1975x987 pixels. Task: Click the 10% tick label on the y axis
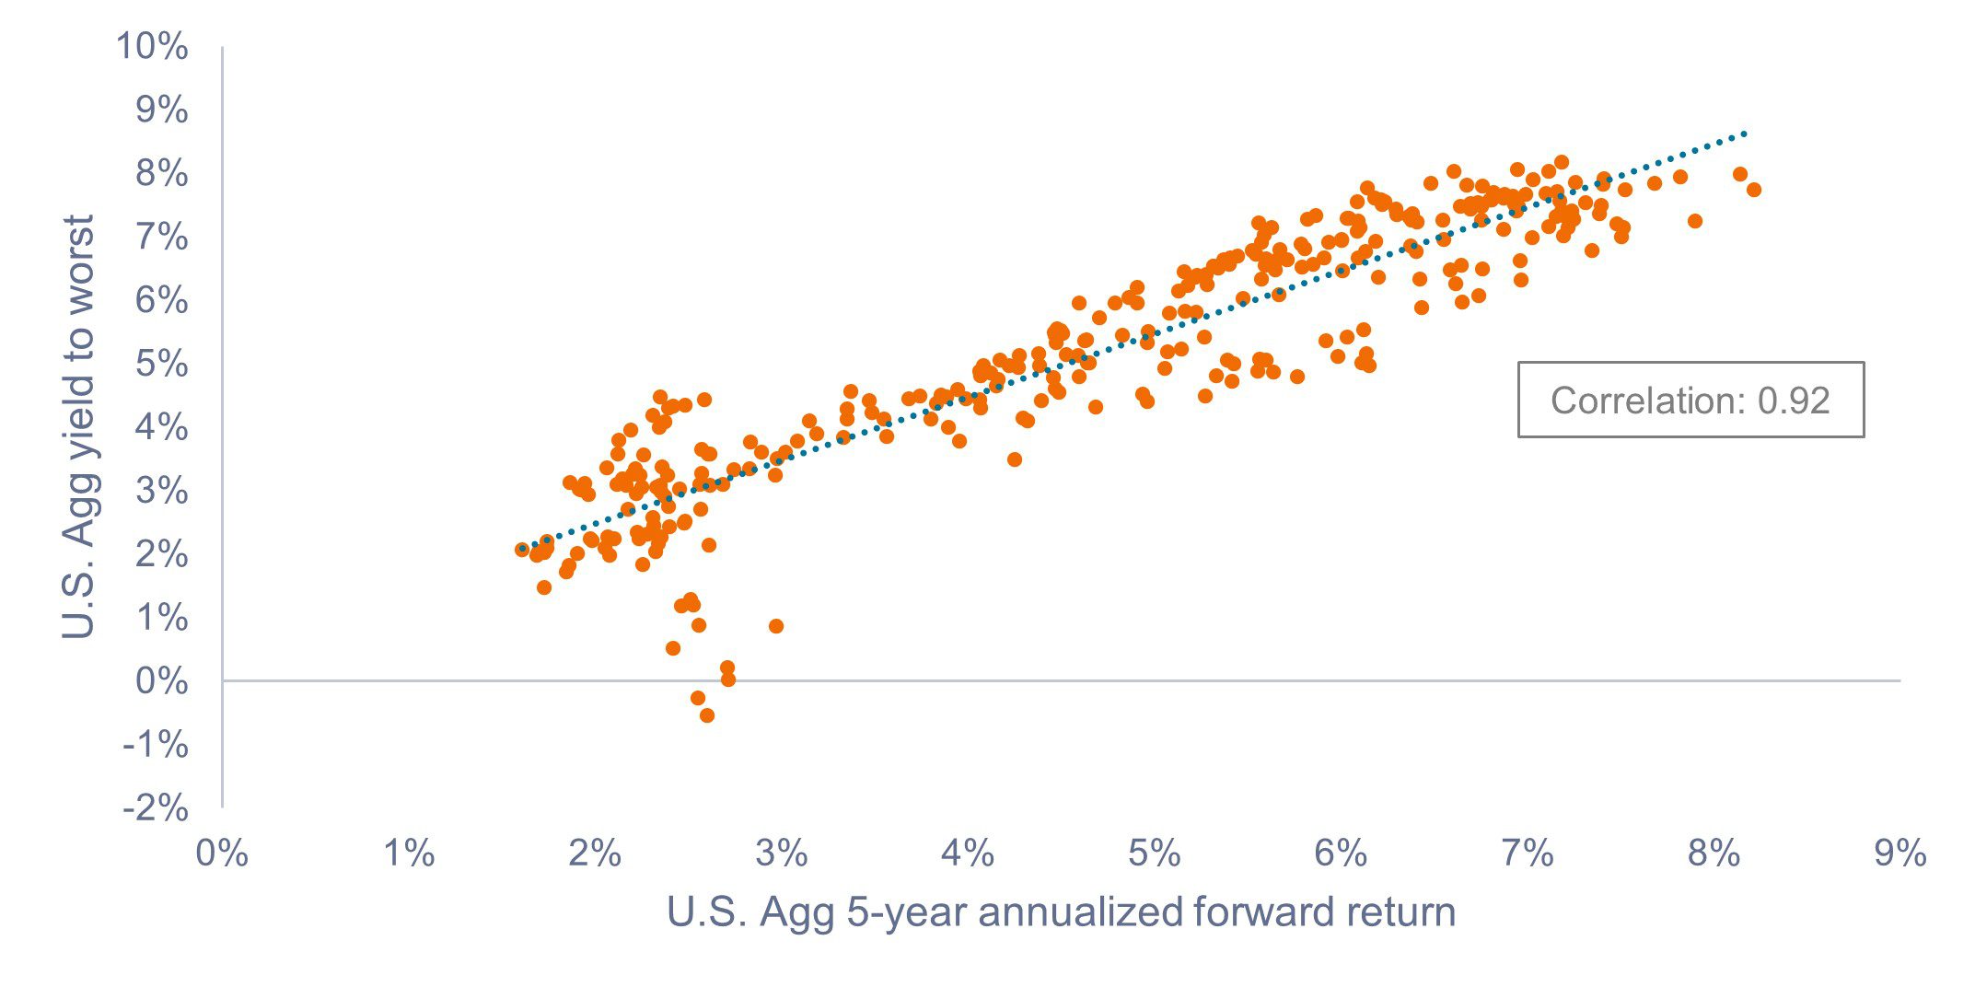[152, 46]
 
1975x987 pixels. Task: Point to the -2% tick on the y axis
[156, 808]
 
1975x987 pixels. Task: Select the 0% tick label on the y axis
[161, 681]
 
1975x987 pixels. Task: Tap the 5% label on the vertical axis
[161, 364]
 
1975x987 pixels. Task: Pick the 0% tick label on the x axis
[222, 853]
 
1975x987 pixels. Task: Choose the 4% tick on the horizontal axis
[968, 853]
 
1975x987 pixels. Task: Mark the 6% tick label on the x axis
[1341, 853]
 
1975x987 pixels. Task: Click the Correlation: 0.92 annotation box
[1690, 400]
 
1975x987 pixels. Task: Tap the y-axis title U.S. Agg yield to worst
[79, 426]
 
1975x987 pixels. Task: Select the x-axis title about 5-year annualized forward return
[1061, 912]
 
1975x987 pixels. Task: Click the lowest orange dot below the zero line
[707, 715]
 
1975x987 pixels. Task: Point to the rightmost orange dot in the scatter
[1753, 190]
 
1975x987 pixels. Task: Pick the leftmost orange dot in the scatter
[522, 550]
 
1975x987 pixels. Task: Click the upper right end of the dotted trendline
[1743, 134]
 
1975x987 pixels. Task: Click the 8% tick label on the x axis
[1714, 853]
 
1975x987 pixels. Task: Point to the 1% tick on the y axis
[161, 618]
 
